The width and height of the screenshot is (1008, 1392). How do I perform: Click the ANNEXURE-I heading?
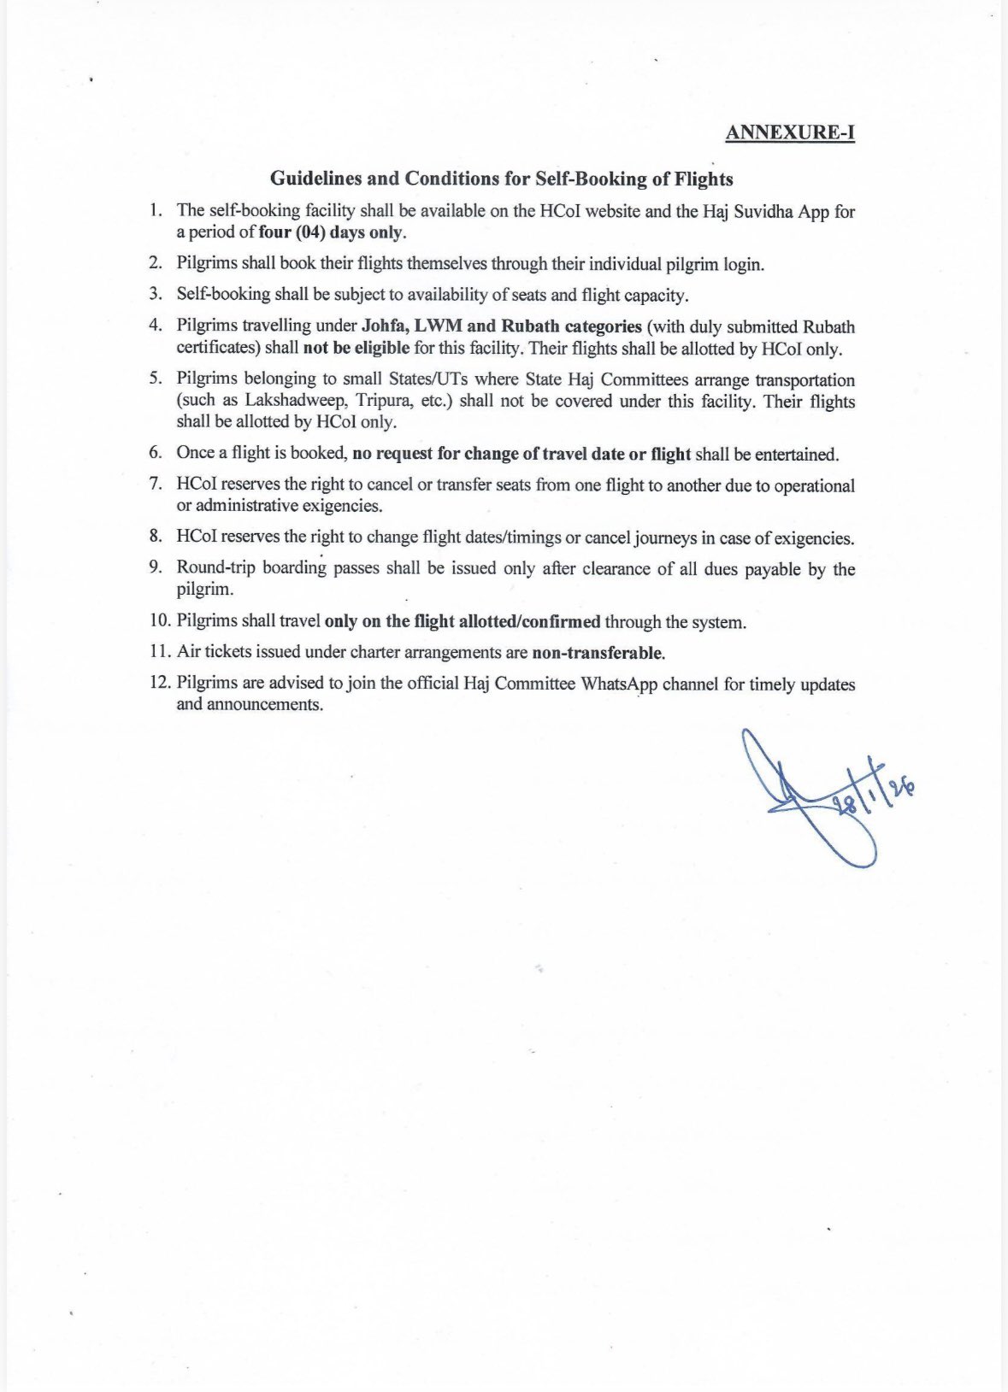pos(789,132)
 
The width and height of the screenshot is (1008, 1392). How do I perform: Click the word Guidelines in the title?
pos(311,179)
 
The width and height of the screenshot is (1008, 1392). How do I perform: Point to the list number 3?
pos(156,294)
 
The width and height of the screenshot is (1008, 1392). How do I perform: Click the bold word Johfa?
pos(385,326)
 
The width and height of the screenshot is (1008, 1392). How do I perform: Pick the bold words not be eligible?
pos(356,349)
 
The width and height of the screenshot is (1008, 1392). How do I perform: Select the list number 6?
pos(156,453)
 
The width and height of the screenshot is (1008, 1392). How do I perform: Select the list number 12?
pos(159,684)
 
